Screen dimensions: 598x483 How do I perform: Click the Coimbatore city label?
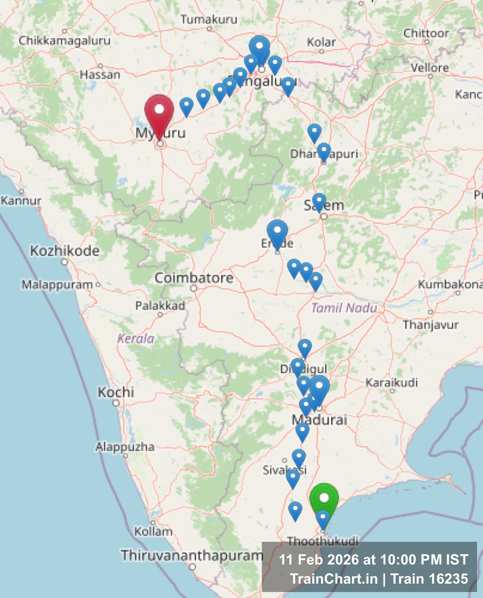tap(194, 277)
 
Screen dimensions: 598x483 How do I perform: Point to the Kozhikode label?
tap(65, 251)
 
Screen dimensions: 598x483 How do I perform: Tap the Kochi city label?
tap(116, 392)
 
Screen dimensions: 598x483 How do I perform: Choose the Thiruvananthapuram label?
tap(192, 555)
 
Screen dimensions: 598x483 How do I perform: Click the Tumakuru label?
tap(209, 19)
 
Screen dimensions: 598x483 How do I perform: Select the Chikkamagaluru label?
tap(65, 40)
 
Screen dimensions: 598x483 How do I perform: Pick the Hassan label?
tap(100, 75)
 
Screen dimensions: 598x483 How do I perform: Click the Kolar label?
tap(321, 42)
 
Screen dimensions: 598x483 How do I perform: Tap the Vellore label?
tap(430, 68)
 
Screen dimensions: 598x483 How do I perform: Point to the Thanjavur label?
tap(430, 325)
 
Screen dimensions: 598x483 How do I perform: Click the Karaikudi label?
tap(392, 383)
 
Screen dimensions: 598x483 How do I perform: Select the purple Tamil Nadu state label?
tap(344, 308)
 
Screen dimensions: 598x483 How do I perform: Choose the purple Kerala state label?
tap(135, 338)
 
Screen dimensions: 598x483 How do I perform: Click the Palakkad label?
tap(160, 306)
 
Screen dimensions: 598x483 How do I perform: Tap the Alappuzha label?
tap(125, 447)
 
